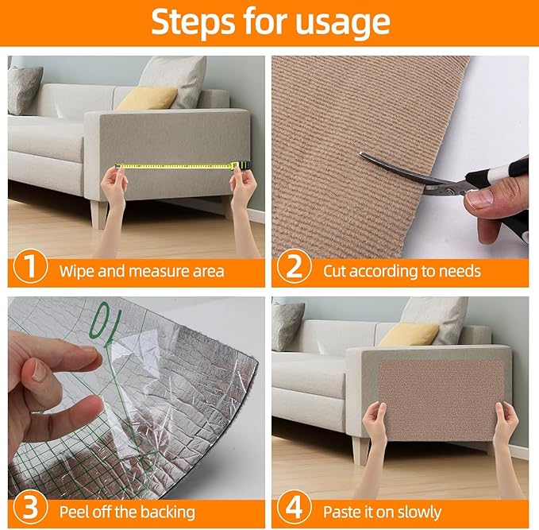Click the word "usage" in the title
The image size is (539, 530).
[x=343, y=23]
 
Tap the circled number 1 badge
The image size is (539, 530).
[x=29, y=269]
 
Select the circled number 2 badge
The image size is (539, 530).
[x=293, y=269]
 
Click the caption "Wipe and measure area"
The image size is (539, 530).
[x=141, y=271]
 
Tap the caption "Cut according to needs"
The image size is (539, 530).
[x=402, y=271]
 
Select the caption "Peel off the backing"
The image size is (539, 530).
[x=127, y=510]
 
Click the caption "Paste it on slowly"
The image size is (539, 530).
[x=390, y=510]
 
